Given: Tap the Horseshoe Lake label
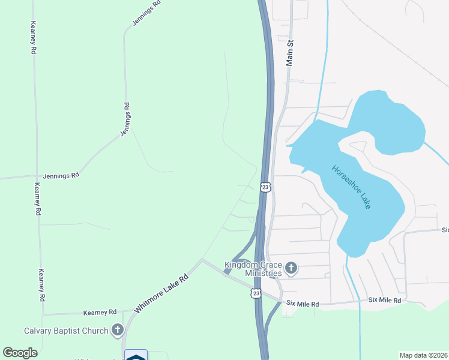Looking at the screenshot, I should coord(352,187).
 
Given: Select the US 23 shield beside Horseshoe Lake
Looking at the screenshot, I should coord(266,187).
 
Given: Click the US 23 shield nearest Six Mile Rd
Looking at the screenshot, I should coord(256,293).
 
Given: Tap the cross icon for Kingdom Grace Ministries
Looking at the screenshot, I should coord(291,268).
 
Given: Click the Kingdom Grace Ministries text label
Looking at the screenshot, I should coord(253,269).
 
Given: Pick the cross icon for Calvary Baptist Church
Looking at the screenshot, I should coord(118,330).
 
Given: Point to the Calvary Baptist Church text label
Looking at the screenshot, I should coord(66,331).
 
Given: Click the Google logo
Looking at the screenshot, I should coord(20,353).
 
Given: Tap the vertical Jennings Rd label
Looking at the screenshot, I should coord(125,120).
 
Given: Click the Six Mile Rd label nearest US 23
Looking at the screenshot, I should coord(303,304).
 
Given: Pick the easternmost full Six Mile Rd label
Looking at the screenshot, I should coord(384,299).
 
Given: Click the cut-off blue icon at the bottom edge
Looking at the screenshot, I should coord(136,355).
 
